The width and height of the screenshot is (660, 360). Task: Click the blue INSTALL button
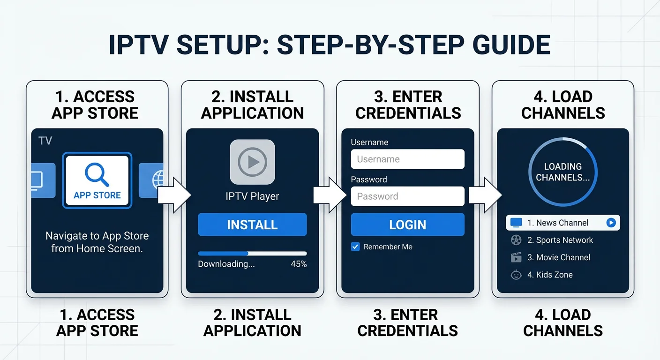click(252, 225)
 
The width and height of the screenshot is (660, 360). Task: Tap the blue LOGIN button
click(407, 225)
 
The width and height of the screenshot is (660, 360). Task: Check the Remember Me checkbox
click(355, 247)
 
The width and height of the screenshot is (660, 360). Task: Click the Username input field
click(407, 159)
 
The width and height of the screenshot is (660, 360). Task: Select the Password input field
click(407, 196)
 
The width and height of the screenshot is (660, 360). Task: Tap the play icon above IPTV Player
click(252, 162)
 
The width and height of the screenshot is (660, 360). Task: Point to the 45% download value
click(299, 264)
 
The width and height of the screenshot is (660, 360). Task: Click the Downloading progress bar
click(252, 254)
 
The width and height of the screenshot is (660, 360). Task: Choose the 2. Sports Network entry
click(560, 240)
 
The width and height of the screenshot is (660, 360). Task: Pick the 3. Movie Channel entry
click(558, 257)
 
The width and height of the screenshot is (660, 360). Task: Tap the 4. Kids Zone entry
click(549, 275)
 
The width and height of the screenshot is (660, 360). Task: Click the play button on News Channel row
click(611, 223)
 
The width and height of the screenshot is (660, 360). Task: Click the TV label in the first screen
click(45, 141)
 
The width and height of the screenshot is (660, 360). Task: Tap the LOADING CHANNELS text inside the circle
click(562, 172)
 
